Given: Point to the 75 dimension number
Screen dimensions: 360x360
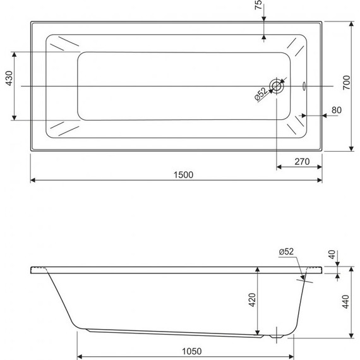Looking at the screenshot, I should [258, 8].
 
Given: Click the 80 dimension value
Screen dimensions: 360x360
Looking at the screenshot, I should [336, 110].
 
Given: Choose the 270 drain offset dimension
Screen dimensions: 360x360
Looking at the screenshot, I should [301, 162].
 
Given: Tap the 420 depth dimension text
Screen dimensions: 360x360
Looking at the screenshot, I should [251, 301].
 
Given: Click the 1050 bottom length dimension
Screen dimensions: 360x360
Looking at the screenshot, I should [183, 352].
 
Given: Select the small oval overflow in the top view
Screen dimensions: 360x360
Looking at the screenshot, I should [305, 86].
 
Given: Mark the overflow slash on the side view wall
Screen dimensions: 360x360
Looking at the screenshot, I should [304, 273].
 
